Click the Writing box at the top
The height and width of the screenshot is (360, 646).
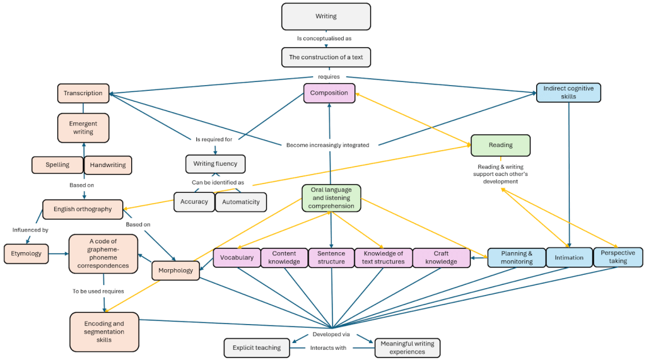(326, 16)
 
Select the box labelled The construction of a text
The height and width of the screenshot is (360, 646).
(326, 57)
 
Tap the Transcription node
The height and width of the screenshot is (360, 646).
(83, 93)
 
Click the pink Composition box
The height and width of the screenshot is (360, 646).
(329, 93)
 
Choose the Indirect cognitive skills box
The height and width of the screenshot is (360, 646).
(568, 93)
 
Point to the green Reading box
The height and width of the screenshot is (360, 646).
(500, 145)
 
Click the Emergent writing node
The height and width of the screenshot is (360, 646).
(83, 128)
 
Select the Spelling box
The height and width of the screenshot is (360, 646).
(57, 165)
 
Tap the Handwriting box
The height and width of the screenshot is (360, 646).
(108, 165)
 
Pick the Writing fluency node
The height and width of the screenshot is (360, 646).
(215, 164)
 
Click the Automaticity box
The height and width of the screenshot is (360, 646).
(241, 202)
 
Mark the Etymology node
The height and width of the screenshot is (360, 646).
(26, 253)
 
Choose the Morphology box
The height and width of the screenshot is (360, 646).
(176, 270)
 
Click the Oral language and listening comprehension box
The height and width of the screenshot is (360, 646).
(331, 197)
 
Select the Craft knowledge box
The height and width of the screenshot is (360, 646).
(441, 258)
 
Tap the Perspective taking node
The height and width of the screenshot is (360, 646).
(618, 257)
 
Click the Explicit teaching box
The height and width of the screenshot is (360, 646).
(256, 347)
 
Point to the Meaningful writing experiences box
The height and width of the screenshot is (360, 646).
(407, 347)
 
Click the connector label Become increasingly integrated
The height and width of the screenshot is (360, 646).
(327, 145)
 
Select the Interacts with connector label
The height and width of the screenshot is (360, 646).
(328, 347)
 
